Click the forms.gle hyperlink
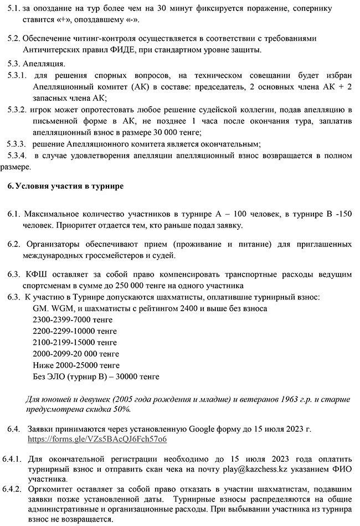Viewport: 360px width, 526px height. pyautogui.click(x=97, y=439)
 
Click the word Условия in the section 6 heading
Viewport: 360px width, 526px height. pyautogui.click(x=32, y=185)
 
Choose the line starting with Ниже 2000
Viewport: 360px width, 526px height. pyautogui.click(x=76, y=365)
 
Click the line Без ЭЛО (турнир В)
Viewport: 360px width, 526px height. pyautogui.click(x=96, y=377)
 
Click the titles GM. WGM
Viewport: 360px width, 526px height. pyautogui.click(x=54, y=308)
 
